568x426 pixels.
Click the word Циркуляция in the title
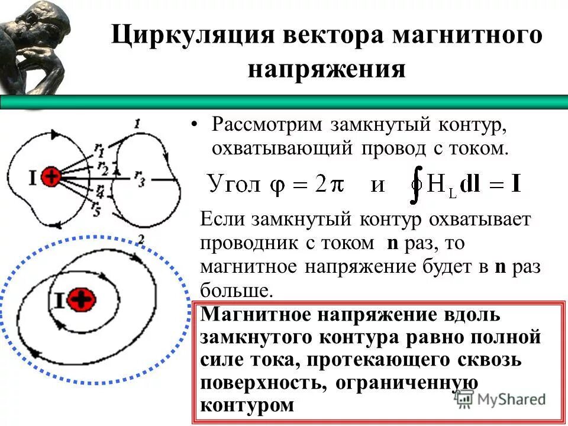tap(191, 34)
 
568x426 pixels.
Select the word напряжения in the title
tap(327, 70)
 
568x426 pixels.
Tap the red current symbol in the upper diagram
tap(52, 176)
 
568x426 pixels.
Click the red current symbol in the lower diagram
tap(80, 301)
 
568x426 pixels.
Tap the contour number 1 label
tap(137, 124)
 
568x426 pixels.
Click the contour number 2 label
tap(141, 239)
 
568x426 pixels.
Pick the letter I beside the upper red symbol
tap(32, 176)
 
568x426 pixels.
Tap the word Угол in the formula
tap(234, 185)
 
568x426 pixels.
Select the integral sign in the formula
tap(417, 185)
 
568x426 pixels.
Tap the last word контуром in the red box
tap(247, 406)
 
